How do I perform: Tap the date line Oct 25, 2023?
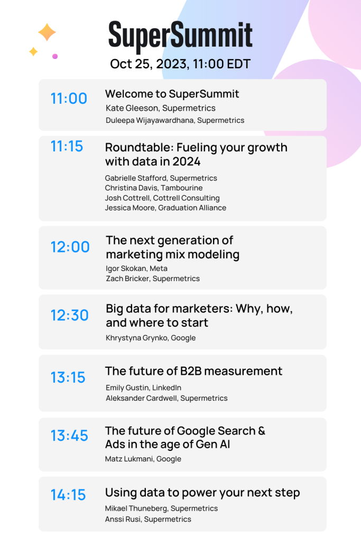[x=180, y=64]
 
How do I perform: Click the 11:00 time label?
[x=69, y=98]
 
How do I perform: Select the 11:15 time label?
[x=67, y=146]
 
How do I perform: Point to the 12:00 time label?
[x=70, y=247]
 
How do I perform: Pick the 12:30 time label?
[x=70, y=315]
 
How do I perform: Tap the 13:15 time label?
[x=68, y=377]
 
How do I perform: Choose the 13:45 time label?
[x=69, y=436]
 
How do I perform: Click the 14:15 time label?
[x=68, y=495]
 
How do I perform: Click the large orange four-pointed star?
[x=47, y=32]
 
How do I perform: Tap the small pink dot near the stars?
[x=55, y=56]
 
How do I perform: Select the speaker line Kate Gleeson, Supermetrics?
[x=161, y=108]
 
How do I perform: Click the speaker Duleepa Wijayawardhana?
[x=175, y=120]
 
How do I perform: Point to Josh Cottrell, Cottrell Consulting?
[x=162, y=198]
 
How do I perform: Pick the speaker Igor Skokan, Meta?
[x=137, y=268]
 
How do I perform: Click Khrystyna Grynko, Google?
[x=151, y=338]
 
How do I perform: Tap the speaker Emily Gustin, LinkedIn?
[x=143, y=388]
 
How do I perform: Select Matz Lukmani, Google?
[x=143, y=459]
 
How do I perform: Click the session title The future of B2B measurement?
[x=193, y=371]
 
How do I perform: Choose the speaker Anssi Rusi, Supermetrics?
[x=148, y=519]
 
